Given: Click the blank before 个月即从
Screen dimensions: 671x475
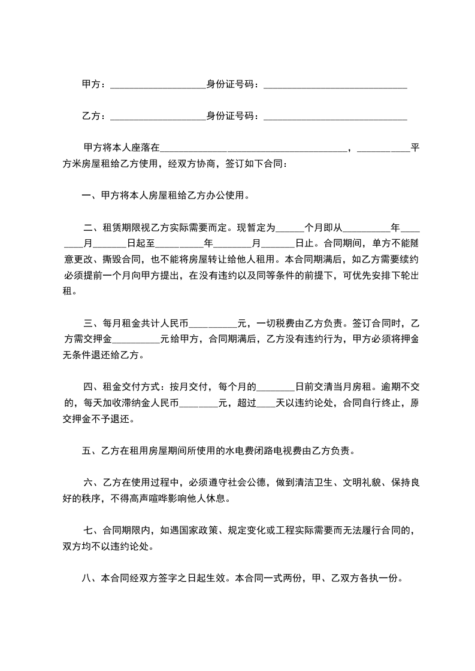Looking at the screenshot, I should click(292, 228).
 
